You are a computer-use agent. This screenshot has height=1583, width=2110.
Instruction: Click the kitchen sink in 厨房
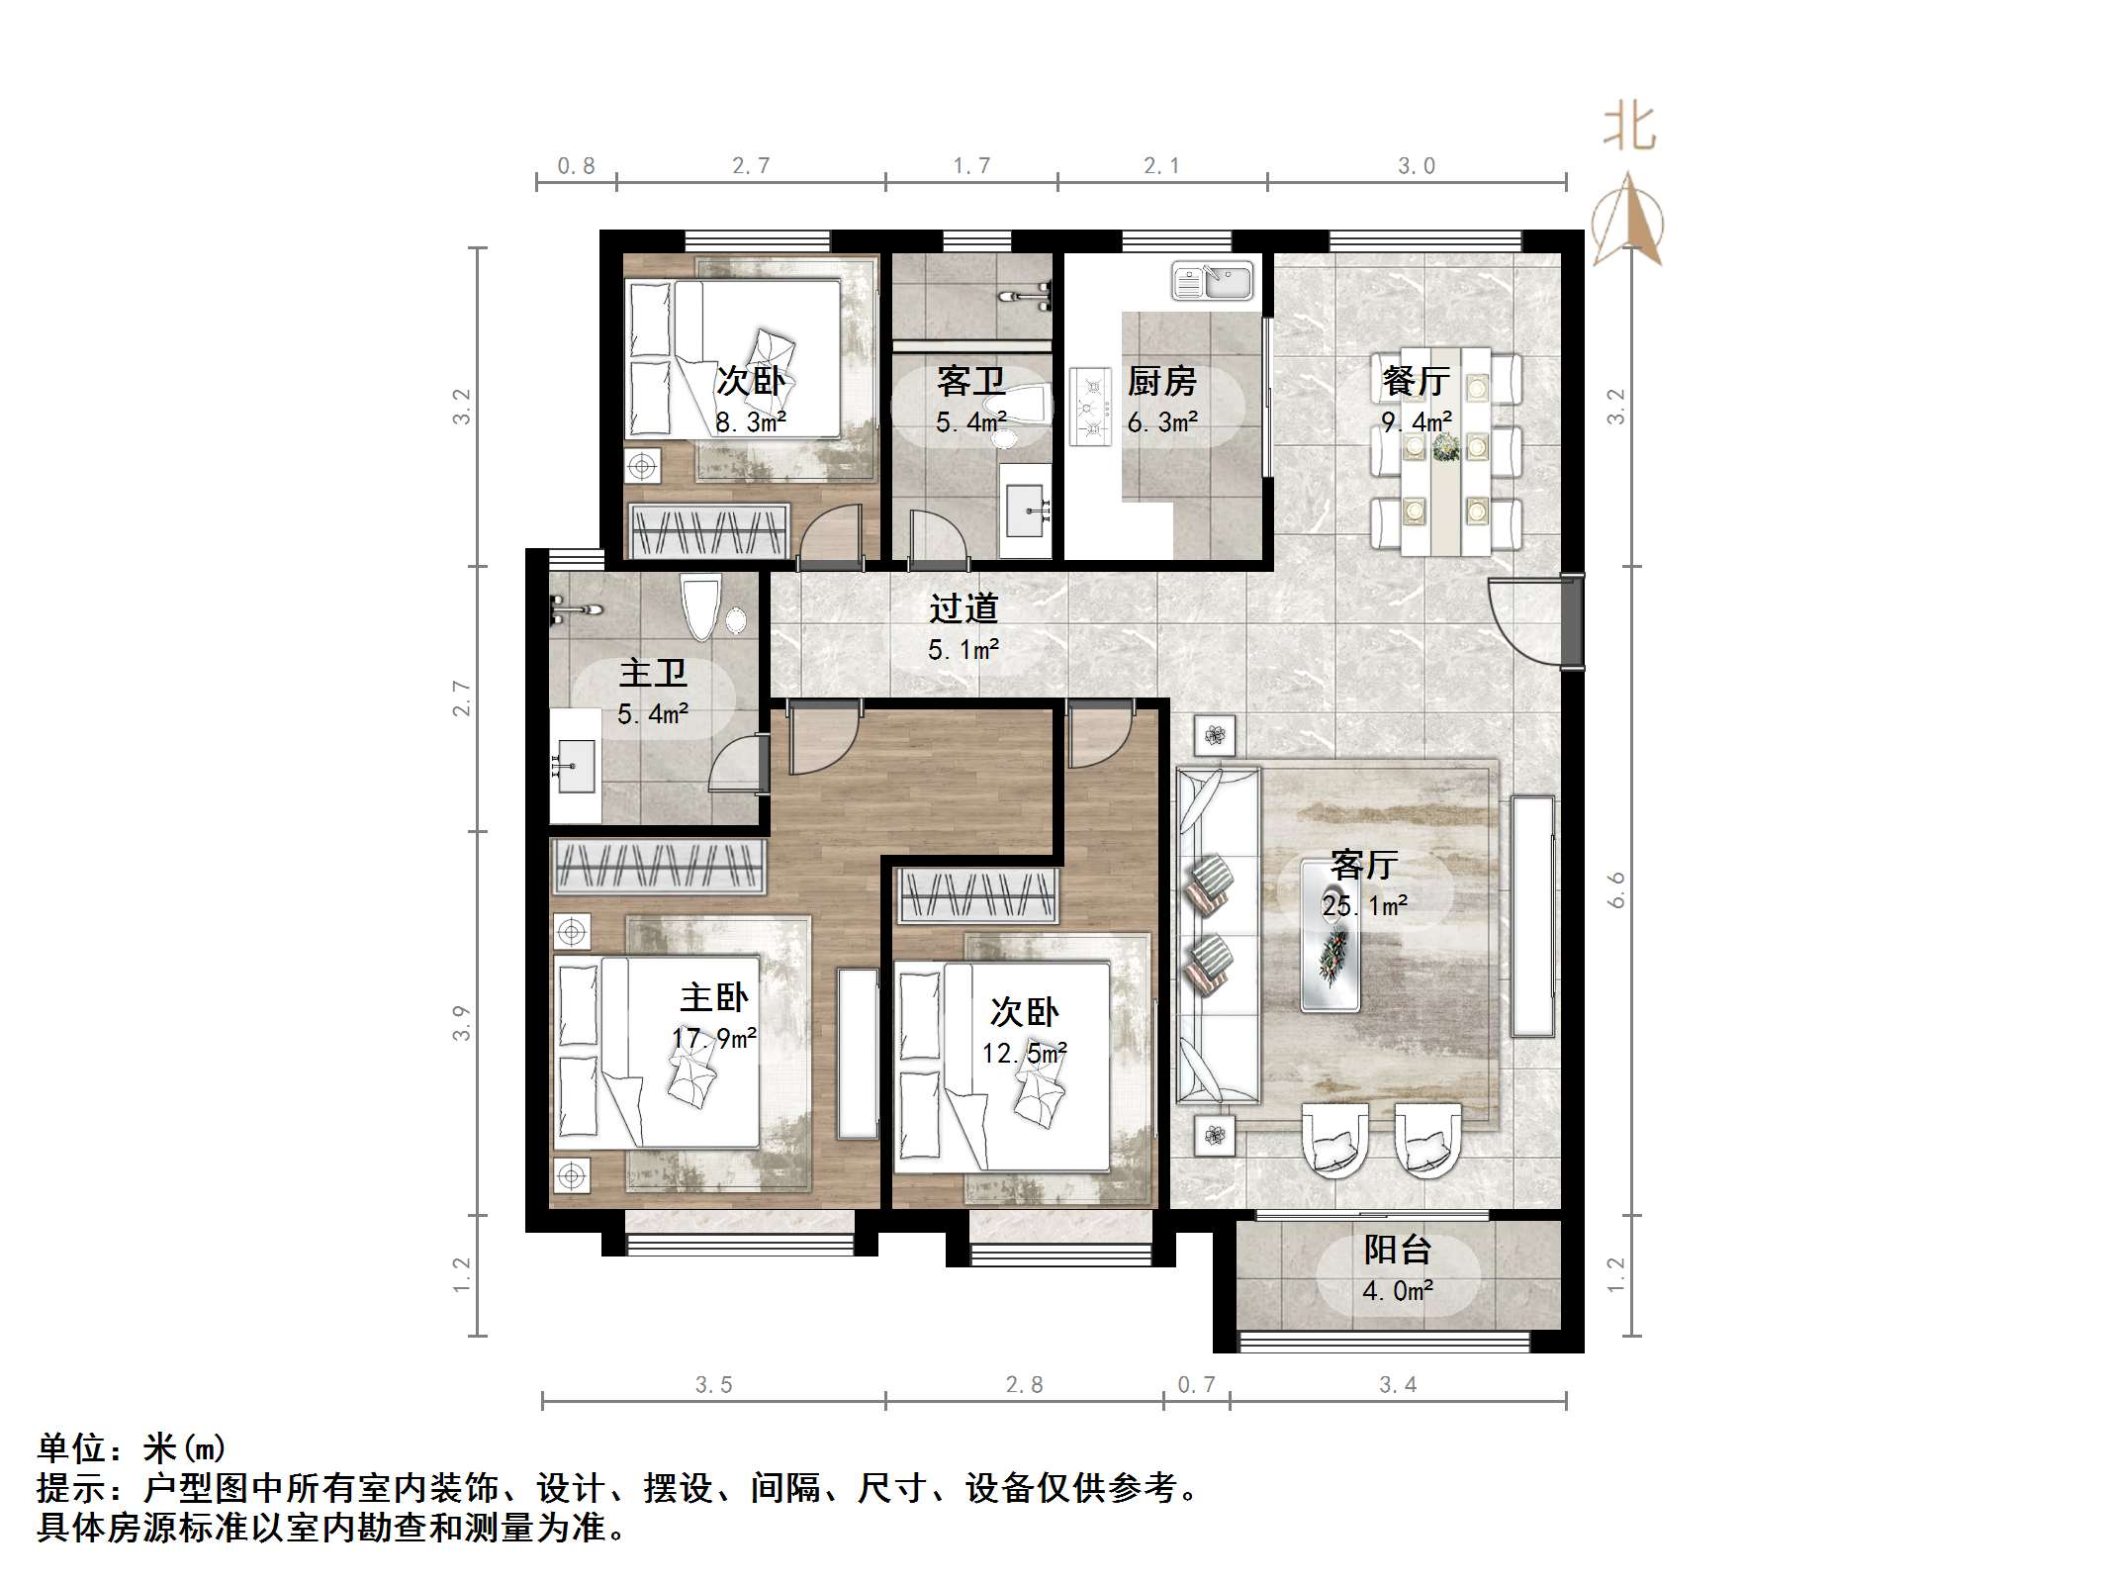1212,280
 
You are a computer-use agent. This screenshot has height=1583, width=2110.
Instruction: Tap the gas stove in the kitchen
1090,407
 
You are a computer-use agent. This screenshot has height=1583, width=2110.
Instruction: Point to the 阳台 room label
1397,1251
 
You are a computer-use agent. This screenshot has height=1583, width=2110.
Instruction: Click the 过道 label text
963,608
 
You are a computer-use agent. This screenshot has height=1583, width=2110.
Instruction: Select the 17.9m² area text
714,1039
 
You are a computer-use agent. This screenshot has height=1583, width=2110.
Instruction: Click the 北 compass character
1629,129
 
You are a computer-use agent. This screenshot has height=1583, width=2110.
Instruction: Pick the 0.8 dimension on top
576,166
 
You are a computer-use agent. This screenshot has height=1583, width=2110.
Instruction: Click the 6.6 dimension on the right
1616,889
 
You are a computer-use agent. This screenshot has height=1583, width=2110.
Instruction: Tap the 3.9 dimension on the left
461,1022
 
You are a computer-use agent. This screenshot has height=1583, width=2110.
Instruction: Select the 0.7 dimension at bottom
1196,1385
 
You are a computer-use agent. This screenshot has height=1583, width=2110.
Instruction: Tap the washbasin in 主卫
576,765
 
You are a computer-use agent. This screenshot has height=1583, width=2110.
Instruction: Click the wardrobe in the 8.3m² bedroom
709,531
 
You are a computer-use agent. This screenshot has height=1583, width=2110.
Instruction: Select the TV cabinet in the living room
1532,915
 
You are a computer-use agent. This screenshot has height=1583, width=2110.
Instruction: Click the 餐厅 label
1416,381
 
